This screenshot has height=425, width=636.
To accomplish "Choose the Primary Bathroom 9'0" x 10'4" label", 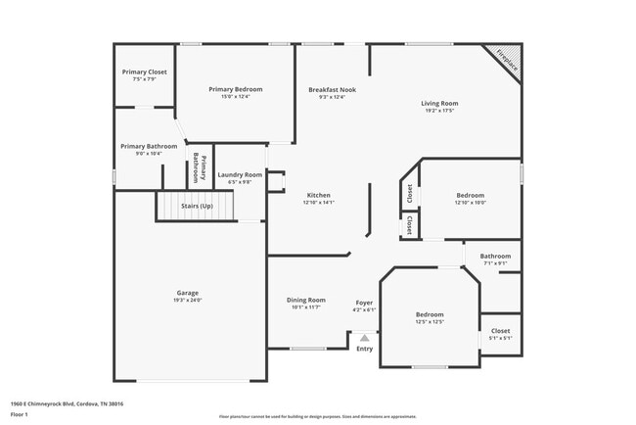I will click(149, 149).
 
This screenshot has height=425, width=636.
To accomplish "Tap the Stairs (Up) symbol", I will click(197, 207).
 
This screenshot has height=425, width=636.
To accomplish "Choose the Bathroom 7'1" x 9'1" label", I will click(495, 259).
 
